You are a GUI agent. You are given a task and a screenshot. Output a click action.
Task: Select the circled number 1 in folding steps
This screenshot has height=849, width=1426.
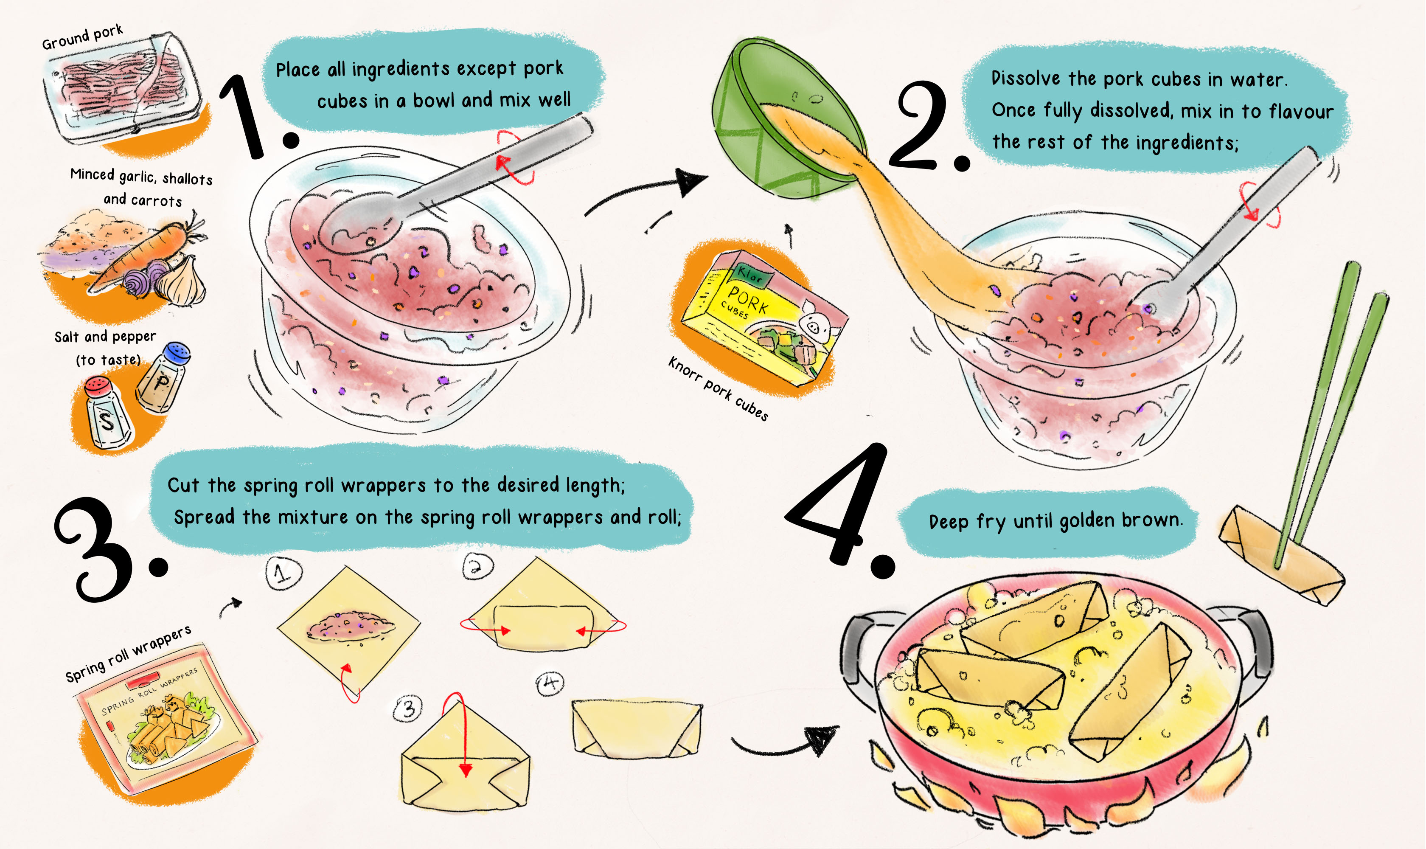coord(284,573)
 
